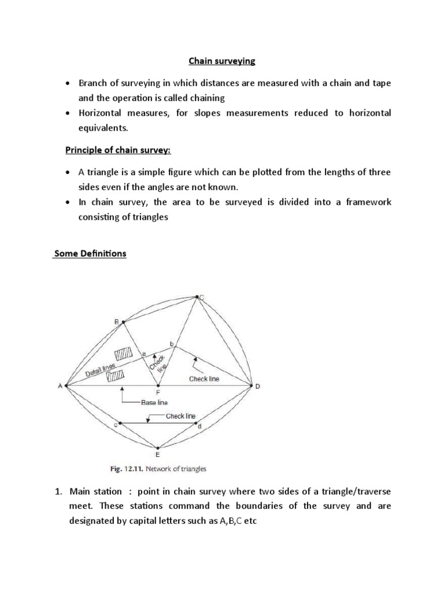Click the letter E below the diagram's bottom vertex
(158, 456)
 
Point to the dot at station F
(158, 385)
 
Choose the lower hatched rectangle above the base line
(116, 376)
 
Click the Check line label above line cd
(180, 416)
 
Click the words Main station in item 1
(96, 491)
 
